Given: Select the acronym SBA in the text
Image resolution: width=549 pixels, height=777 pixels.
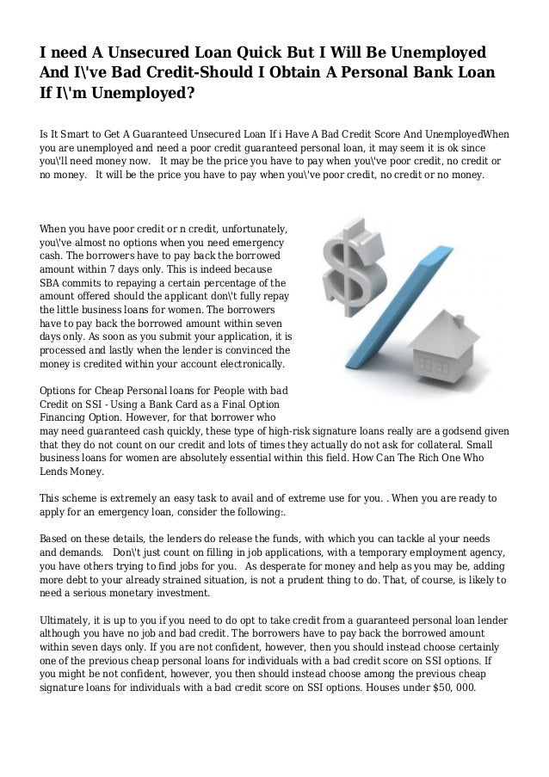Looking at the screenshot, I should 52,281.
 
